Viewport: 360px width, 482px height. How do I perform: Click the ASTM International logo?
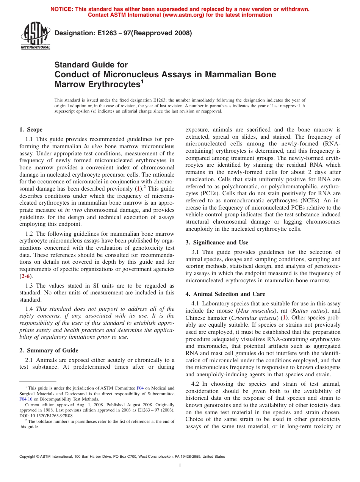[x=35, y=36]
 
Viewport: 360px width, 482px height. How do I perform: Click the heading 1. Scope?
[x=31, y=130]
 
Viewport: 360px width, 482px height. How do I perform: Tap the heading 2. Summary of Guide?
[x=49, y=350]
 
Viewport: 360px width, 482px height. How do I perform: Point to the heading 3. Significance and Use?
[x=217, y=243]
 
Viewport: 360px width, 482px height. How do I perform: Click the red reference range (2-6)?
[x=26, y=276]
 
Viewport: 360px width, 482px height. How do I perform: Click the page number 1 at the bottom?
[x=180, y=465]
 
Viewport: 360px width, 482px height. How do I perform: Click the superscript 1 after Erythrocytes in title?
[x=142, y=81]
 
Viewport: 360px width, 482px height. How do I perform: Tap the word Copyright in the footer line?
[x=29, y=457]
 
